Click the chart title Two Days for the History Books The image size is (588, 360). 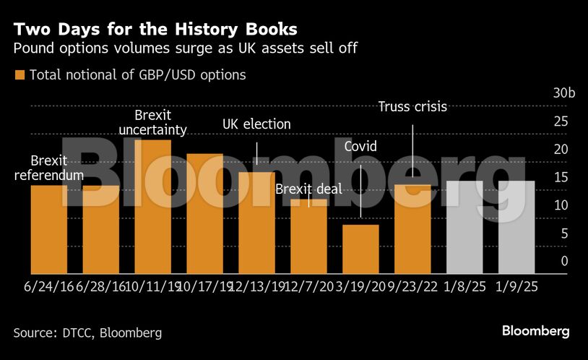point(155,30)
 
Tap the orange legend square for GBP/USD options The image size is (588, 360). point(20,74)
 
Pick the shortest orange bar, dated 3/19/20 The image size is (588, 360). point(360,249)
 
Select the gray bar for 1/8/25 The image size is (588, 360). point(464,227)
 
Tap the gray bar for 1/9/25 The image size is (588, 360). point(516,227)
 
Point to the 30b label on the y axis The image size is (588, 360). point(563,94)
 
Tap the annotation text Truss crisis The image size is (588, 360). point(412,107)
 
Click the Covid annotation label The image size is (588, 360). point(360,147)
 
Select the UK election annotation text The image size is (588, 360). point(256,124)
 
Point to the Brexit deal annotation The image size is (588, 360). point(308,190)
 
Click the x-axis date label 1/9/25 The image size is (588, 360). point(516,286)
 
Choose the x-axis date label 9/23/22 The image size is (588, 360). point(412,286)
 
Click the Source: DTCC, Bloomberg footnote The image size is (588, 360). point(87,333)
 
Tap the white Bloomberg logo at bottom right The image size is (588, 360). point(535,331)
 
